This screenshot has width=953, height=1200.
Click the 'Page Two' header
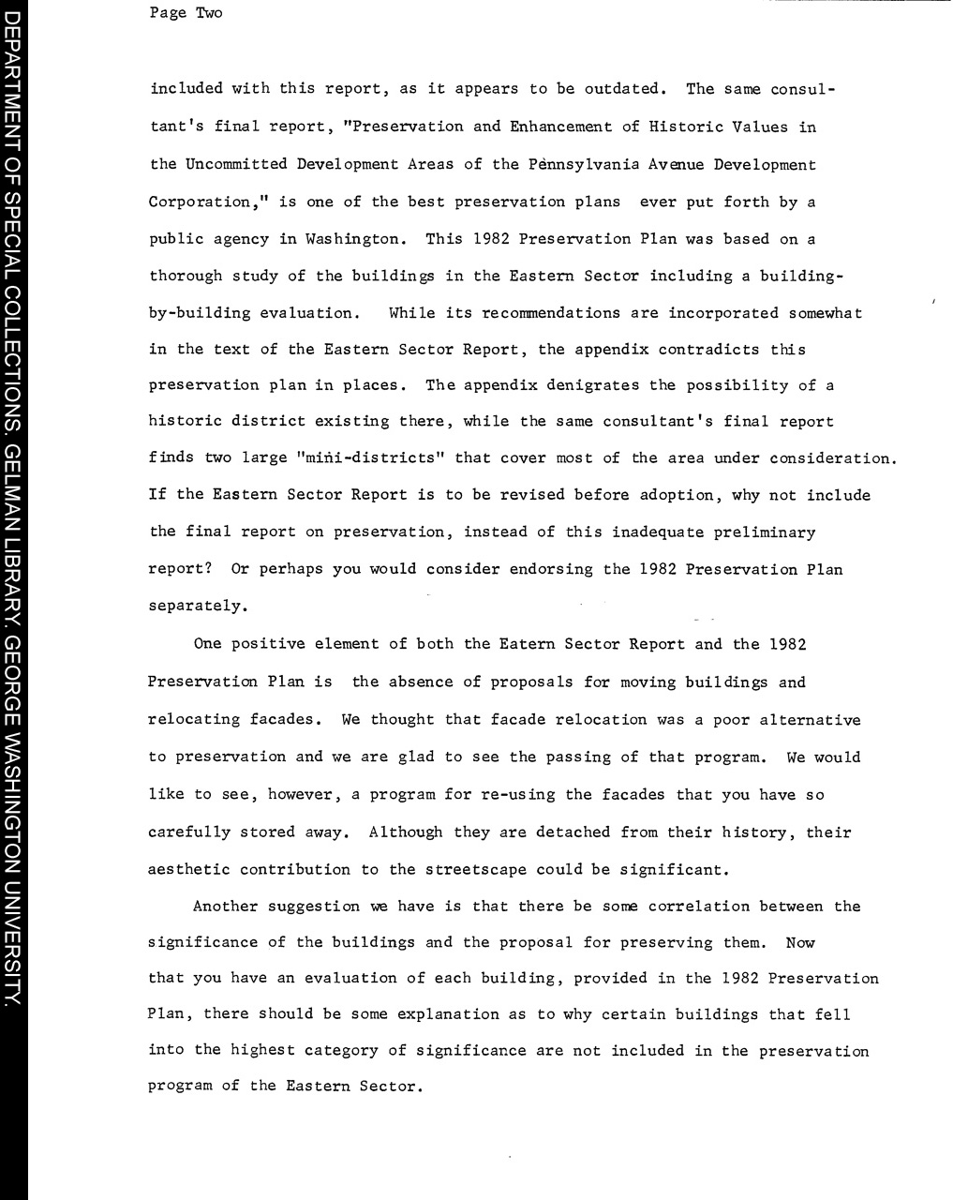coord(186,13)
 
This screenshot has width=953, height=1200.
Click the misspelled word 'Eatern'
coord(528,644)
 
